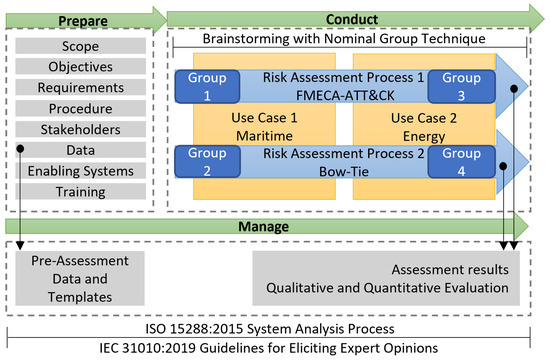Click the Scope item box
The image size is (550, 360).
coord(79,46)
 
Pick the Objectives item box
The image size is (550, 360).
coord(79,67)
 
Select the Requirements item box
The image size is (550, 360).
coord(79,88)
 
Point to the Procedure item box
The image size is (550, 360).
coord(79,108)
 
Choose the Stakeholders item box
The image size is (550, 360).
coord(79,129)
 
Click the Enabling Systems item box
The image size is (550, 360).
coord(79,171)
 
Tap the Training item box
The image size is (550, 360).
coord(79,191)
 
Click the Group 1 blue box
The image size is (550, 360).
coord(207,86)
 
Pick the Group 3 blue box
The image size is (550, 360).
coord(461,86)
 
